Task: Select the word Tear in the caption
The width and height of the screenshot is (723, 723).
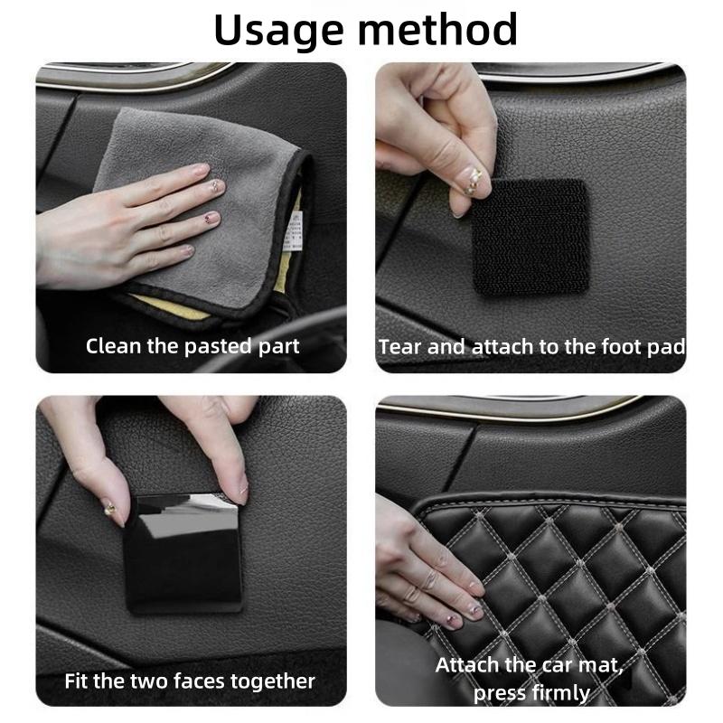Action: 399,347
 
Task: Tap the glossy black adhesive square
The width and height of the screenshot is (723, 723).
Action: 184,552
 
